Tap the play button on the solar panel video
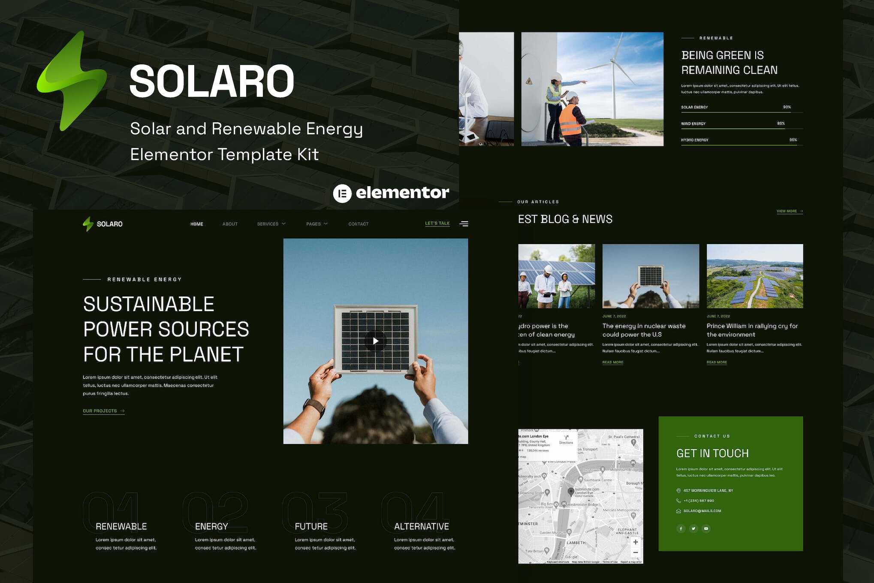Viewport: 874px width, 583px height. (375, 341)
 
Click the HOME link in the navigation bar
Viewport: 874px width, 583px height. (197, 224)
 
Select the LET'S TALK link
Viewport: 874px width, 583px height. (437, 224)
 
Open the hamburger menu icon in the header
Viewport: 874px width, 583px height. (464, 224)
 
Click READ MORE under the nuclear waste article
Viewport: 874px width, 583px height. (612, 362)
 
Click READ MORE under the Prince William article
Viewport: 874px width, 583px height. (717, 362)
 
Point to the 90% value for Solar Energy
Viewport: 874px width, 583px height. (787, 107)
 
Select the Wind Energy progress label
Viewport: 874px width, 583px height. (693, 124)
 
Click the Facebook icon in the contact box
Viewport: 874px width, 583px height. (681, 529)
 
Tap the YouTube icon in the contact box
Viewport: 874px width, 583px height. (706, 529)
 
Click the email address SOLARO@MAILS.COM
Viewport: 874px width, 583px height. (702, 511)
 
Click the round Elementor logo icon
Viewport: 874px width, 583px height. (342, 193)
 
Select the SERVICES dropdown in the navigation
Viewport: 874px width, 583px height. (271, 224)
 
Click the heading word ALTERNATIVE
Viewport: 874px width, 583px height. (421, 526)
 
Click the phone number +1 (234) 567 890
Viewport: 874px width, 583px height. (699, 501)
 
